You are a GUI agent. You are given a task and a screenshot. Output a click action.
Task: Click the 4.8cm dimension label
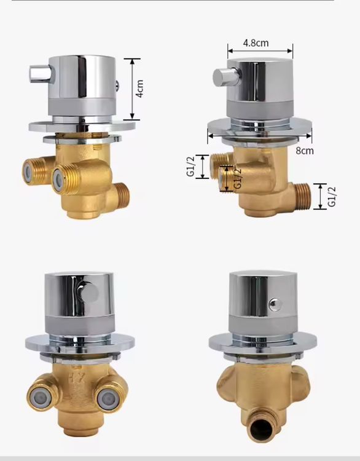pos(256,43)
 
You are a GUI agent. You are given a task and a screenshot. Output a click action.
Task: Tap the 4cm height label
pos(140,89)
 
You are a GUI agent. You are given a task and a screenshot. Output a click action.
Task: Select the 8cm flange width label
pos(305,151)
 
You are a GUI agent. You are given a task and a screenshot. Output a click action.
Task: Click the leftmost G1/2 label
pos(190,167)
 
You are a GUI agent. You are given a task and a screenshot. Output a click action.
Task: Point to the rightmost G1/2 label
pos(332,197)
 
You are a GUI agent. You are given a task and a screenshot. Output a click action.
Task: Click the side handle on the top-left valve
pos(41,74)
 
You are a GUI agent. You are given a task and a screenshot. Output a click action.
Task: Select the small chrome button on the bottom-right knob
pos(275,305)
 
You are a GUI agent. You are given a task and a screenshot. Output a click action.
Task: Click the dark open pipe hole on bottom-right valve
pos(261,429)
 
